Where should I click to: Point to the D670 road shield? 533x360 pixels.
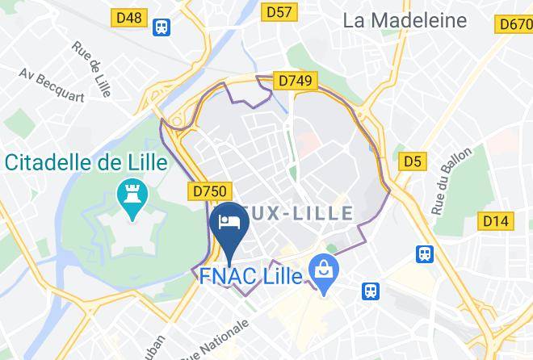pyautogui.click(x=516, y=23)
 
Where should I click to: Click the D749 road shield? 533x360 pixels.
pyautogui.click(x=296, y=82)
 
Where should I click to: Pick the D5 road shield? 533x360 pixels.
pyautogui.click(x=413, y=162)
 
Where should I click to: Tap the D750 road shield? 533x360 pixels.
pyautogui.click(x=212, y=190)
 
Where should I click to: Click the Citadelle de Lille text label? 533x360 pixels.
pyautogui.click(x=86, y=162)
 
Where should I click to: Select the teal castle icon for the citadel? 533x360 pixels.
pyautogui.click(x=129, y=194)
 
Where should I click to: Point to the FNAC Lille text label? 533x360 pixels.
pyautogui.click(x=250, y=276)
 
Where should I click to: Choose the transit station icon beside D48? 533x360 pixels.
pyautogui.click(x=162, y=27)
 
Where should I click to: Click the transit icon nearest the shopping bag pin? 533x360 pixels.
pyautogui.click(x=371, y=290)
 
